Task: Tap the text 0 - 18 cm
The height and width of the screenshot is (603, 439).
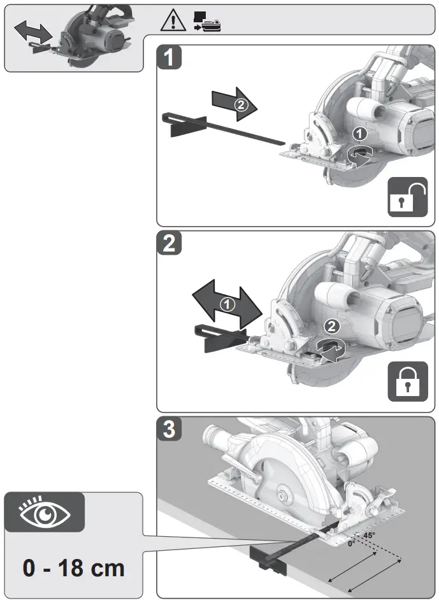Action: tap(74, 566)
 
